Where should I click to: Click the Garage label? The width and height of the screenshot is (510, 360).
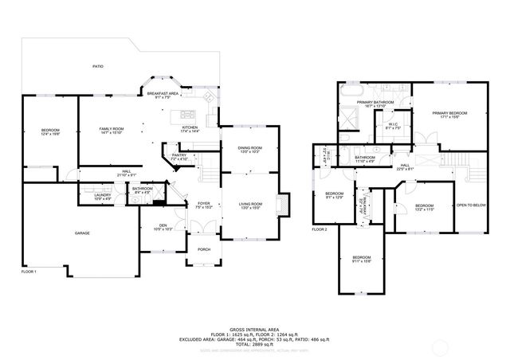[82, 233]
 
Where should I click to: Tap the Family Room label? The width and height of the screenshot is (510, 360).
[111, 131]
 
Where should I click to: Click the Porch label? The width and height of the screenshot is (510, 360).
[204, 249]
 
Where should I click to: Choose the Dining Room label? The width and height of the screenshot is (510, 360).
[250, 149]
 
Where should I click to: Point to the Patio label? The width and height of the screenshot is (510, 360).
[98, 66]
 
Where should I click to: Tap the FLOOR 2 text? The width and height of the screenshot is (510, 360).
[320, 229]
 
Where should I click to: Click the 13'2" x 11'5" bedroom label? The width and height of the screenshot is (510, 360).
[423, 207]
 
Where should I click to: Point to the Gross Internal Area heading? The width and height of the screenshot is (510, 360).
[254, 327]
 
